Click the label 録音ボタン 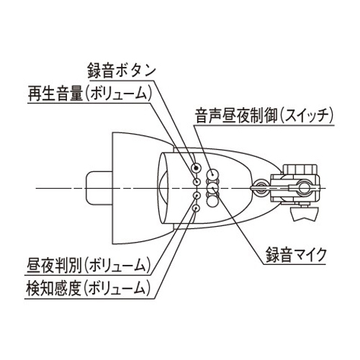[122, 71]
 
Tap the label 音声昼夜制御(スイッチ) [264, 116]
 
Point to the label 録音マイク [296, 255]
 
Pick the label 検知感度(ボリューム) [88, 288]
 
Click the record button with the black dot [197, 167]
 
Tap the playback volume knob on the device [197, 181]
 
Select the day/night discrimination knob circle [197, 196]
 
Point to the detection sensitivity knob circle [197, 208]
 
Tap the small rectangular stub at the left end [99, 189]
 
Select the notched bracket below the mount [305, 214]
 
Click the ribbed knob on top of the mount [300, 170]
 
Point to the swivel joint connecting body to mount [261, 187]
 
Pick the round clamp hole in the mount [303, 188]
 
